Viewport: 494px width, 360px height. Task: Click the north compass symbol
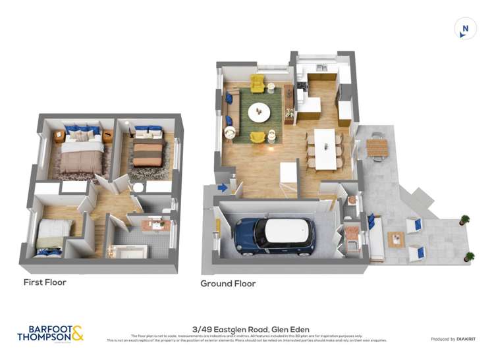tap(465, 29)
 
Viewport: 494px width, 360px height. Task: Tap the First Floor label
tap(45, 282)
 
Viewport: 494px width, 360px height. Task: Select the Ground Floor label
tap(228, 284)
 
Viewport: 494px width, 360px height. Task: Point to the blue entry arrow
tap(223, 188)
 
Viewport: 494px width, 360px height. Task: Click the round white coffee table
tap(259, 113)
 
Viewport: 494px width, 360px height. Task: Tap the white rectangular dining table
tap(324, 149)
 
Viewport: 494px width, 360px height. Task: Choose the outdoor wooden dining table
tap(378, 147)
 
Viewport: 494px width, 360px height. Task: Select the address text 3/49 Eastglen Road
tap(251, 330)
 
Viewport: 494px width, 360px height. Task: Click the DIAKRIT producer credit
tap(453, 339)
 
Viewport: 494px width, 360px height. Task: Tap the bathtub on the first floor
tap(127, 251)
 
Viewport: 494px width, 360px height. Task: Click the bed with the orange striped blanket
tap(148, 153)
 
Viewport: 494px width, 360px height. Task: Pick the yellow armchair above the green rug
tap(257, 84)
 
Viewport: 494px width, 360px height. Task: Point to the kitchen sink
tap(321, 68)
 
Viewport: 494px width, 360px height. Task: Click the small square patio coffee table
tap(396, 239)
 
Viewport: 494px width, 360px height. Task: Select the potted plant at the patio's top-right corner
tap(465, 219)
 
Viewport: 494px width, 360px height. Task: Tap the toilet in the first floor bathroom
tap(138, 188)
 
